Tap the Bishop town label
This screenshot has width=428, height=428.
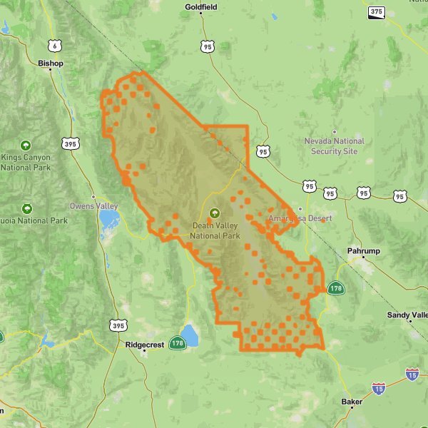point(51,63)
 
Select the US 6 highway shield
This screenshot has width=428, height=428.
point(55,46)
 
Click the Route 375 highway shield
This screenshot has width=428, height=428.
point(376,12)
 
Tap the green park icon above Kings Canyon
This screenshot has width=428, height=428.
point(26,144)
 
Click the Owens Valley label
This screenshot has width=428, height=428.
point(93,206)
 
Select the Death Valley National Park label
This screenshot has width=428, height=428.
point(215,230)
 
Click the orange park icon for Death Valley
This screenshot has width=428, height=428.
point(212,213)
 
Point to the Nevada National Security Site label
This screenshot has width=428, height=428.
point(334,146)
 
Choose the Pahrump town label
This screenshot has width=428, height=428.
point(364,251)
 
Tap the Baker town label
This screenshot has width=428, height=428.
point(352,402)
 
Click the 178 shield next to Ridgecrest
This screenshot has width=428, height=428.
point(177,344)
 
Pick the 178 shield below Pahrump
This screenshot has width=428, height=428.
point(336,288)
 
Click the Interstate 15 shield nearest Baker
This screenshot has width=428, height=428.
point(379,389)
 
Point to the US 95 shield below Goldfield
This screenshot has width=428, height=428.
point(208,46)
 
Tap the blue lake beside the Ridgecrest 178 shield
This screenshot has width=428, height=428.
point(190,334)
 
